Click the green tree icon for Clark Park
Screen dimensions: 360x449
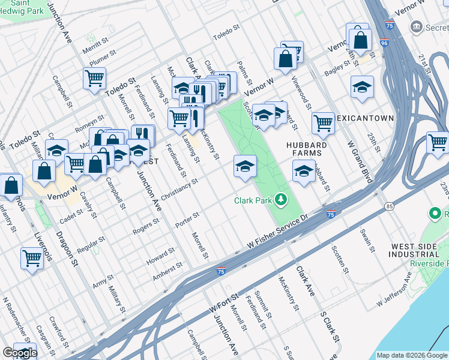[280, 200]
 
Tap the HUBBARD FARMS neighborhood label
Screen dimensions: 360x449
[306, 149]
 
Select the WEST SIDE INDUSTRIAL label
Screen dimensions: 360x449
[418, 251]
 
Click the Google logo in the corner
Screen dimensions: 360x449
[20, 353]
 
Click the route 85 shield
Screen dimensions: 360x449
[390, 206]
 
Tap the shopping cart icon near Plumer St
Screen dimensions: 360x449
[95, 78]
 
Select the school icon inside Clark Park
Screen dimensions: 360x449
[245, 166]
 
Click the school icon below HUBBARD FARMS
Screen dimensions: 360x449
[304, 172]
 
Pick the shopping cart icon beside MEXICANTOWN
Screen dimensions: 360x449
[324, 124]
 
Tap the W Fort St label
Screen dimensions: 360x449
[223, 302]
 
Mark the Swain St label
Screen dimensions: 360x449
[367, 238]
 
